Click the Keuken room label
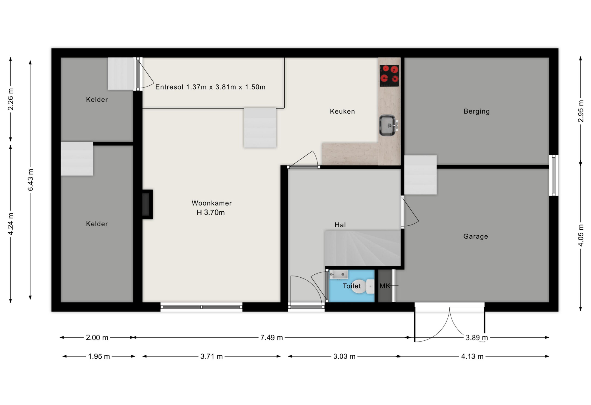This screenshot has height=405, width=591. click(x=342, y=111)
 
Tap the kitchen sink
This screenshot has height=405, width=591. click(x=388, y=125)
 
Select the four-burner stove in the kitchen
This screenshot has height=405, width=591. click(x=389, y=76)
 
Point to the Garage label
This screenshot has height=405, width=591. click(x=476, y=237)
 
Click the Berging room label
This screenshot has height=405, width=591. click(x=476, y=111)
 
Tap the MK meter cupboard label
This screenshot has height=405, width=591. click(x=385, y=286)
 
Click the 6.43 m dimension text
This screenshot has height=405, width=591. click(x=30, y=180)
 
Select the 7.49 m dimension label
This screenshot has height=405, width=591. click(x=271, y=337)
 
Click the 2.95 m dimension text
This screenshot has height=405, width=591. click(x=581, y=111)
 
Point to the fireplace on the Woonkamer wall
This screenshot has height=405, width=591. click(x=147, y=204)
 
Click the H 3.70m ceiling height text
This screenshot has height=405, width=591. click(x=211, y=213)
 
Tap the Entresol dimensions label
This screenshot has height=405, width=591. click(x=210, y=87)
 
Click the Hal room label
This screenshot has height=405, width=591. click(x=340, y=225)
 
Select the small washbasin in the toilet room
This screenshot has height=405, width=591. click(x=338, y=274)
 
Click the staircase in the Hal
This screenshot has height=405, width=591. click(x=363, y=248)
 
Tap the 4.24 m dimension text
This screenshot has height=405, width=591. click(x=11, y=224)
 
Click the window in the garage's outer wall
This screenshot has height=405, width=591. click(x=553, y=175)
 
